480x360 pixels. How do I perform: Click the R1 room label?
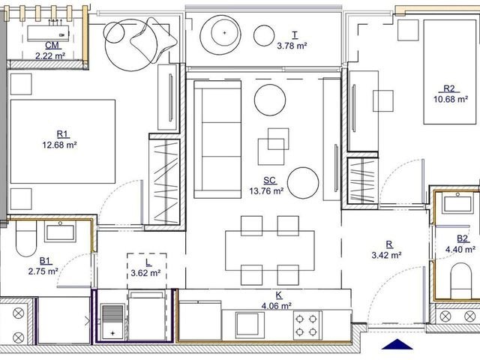point(63,134)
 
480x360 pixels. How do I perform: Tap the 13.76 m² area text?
point(266,191)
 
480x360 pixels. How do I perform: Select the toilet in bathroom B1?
point(26,238)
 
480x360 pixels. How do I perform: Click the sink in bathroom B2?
point(458,203)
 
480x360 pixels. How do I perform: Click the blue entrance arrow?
point(397,344)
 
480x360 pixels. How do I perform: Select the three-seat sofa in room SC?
point(217,139)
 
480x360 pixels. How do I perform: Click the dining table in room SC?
point(270,250)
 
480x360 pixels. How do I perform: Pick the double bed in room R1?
point(63,142)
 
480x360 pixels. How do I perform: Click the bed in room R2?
point(450,72)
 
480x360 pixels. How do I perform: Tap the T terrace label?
point(295,35)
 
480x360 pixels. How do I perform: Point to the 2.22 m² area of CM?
point(50,56)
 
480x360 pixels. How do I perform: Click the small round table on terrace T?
point(264,35)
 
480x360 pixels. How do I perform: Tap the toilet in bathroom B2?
point(460,280)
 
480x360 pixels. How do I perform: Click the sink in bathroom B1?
point(60,232)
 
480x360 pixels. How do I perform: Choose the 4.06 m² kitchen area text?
point(277,306)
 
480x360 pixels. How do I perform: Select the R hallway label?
point(389,244)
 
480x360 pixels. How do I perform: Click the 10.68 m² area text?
point(451,100)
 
